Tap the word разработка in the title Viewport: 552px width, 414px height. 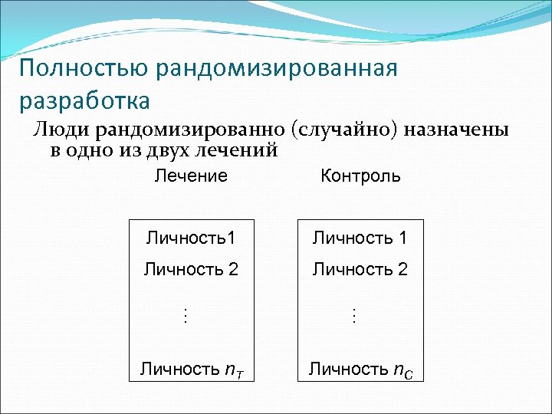coord(84,100)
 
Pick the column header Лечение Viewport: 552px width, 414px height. coord(191,176)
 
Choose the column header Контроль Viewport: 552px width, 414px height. coord(360,176)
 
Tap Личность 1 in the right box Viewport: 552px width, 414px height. coord(360,238)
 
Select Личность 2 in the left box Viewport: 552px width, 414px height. coord(191,269)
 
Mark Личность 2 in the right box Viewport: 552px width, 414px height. coord(360,269)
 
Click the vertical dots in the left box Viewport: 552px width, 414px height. coord(184,315)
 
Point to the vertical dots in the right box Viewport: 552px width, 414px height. coord(353,315)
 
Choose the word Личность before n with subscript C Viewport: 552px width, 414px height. coord(347,369)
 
